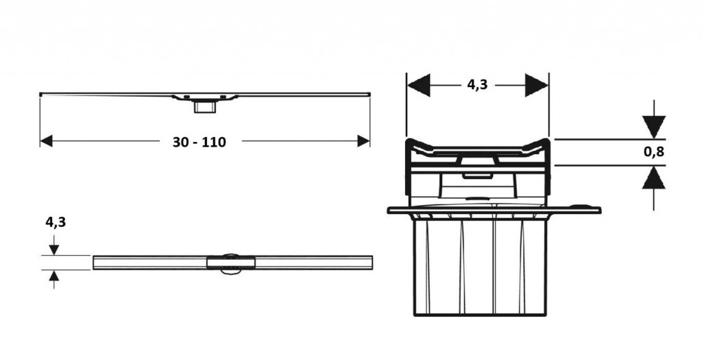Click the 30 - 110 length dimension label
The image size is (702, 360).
199,142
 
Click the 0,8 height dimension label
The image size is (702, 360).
653,152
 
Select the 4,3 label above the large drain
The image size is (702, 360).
477,84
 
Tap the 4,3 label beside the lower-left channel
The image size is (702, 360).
56,221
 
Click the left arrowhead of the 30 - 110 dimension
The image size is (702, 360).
46,141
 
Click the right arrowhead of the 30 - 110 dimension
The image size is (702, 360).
363,141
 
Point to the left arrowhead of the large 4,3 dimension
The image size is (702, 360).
419,84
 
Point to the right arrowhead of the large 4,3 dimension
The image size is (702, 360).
537,84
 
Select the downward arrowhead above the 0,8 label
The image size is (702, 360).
653,127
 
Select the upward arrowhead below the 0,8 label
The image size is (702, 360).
653,178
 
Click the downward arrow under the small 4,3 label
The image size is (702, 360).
54,245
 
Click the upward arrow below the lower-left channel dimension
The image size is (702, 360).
54,279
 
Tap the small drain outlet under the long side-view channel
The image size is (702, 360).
204,107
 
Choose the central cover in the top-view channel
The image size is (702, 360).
231,263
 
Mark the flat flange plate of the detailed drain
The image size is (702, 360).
494,210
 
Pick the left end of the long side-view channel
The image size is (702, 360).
40,95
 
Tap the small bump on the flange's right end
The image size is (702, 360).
581,206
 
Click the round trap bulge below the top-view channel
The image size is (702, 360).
230,272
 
